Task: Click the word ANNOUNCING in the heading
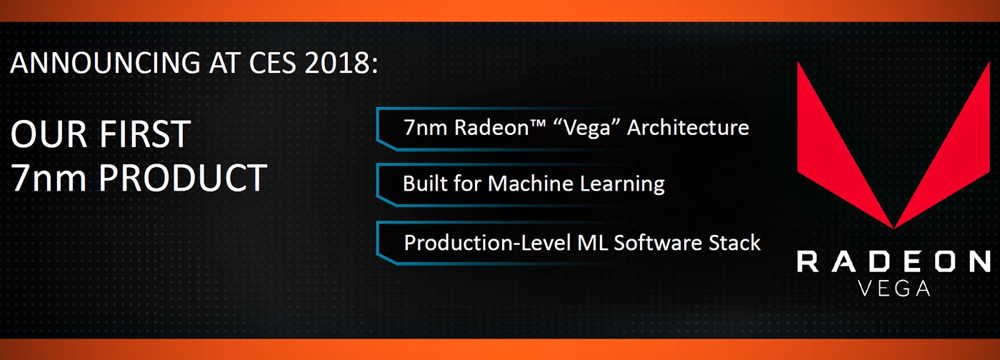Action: (106, 62)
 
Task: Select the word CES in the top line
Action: (272, 62)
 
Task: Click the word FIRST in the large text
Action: (144, 134)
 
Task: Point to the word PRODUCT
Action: (183, 177)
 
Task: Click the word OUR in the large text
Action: (49, 134)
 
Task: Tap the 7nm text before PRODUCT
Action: (49, 178)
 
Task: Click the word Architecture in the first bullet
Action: (688, 128)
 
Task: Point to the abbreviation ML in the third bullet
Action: (591, 243)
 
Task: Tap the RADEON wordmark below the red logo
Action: (894, 261)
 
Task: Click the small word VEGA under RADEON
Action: (894, 289)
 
